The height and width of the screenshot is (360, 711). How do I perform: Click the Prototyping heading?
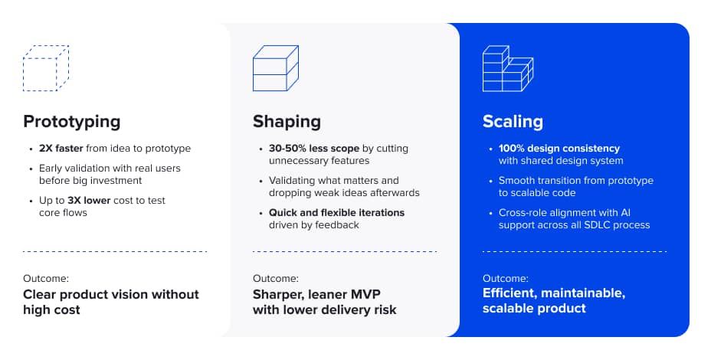click(72, 121)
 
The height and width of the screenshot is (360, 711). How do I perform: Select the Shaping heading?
click(287, 121)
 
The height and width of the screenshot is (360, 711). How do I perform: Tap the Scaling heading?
click(513, 121)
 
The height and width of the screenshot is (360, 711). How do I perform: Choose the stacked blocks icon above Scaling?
click(506, 69)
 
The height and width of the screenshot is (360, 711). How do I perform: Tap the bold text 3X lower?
click(90, 200)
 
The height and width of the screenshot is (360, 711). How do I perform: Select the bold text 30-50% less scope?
click(312, 149)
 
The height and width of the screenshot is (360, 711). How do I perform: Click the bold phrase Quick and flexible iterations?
click(336, 212)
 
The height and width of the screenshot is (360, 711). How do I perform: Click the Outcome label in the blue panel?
click(505, 278)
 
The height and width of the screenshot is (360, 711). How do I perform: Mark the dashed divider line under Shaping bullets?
click(344, 251)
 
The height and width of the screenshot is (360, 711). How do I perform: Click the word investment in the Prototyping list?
click(114, 180)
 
